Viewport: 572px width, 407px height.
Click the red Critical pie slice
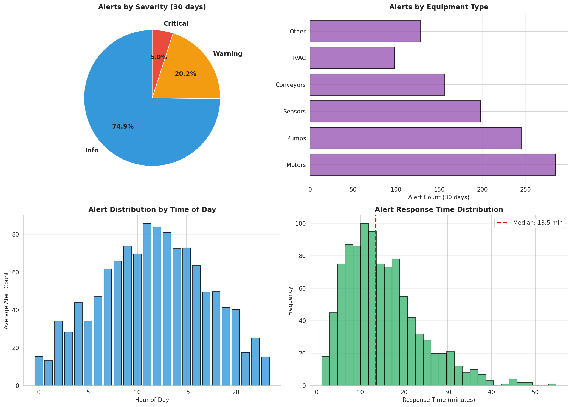click(x=160, y=44)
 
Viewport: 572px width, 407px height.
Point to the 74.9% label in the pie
click(x=123, y=127)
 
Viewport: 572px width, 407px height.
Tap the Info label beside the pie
click(x=92, y=150)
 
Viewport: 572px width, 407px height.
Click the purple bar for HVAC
click(x=352, y=58)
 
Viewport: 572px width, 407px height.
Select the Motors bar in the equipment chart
click(x=432, y=165)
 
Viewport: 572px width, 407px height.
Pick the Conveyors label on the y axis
click(x=291, y=85)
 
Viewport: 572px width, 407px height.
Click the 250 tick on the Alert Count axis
click(x=525, y=189)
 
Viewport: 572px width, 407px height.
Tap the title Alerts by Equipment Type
click(x=438, y=7)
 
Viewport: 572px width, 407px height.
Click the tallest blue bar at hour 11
click(x=147, y=304)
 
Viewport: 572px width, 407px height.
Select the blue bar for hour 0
click(x=39, y=371)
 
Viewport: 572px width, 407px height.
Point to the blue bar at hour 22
click(x=255, y=362)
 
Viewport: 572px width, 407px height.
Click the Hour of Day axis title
click(x=152, y=400)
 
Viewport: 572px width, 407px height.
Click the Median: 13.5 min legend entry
click(x=530, y=223)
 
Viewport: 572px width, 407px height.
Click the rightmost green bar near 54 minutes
click(x=552, y=385)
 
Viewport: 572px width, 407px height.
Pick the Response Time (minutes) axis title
click(x=438, y=400)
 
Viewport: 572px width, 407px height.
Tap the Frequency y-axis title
click(x=290, y=301)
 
